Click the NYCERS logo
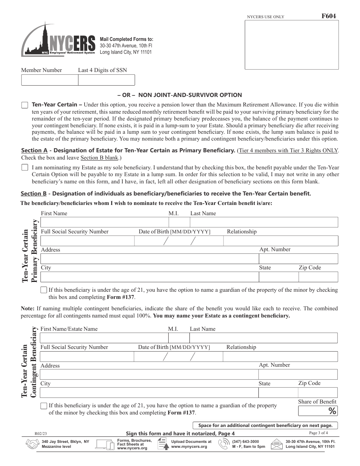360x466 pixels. (59, 40)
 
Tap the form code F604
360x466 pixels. (328, 16)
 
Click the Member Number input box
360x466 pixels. (50, 80)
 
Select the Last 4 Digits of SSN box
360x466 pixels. (106, 80)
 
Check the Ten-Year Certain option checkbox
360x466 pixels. (25, 105)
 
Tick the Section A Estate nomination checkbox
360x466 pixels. (25, 167)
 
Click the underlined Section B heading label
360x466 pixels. (34, 194)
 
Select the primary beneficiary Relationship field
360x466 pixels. (281, 241)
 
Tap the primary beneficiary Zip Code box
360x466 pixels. (318, 277)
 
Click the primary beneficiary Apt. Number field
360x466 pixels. (298, 259)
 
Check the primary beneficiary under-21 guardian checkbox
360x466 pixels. (44, 290)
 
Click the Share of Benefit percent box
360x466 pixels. (318, 411)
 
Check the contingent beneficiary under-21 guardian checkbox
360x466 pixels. (44, 406)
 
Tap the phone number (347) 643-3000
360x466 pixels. (246, 441)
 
